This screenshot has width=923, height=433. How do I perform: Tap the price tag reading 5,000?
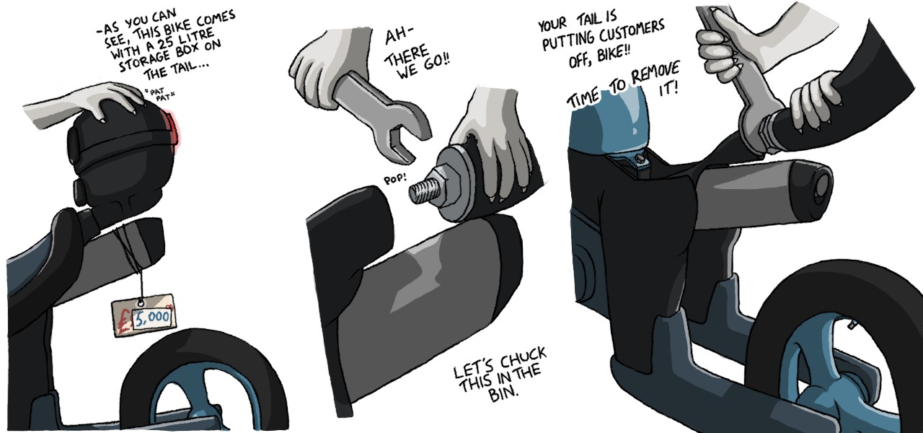coord(143,315)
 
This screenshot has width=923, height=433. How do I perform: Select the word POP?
coord(395,178)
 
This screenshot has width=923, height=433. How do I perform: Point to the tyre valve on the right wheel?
coord(852,325)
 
